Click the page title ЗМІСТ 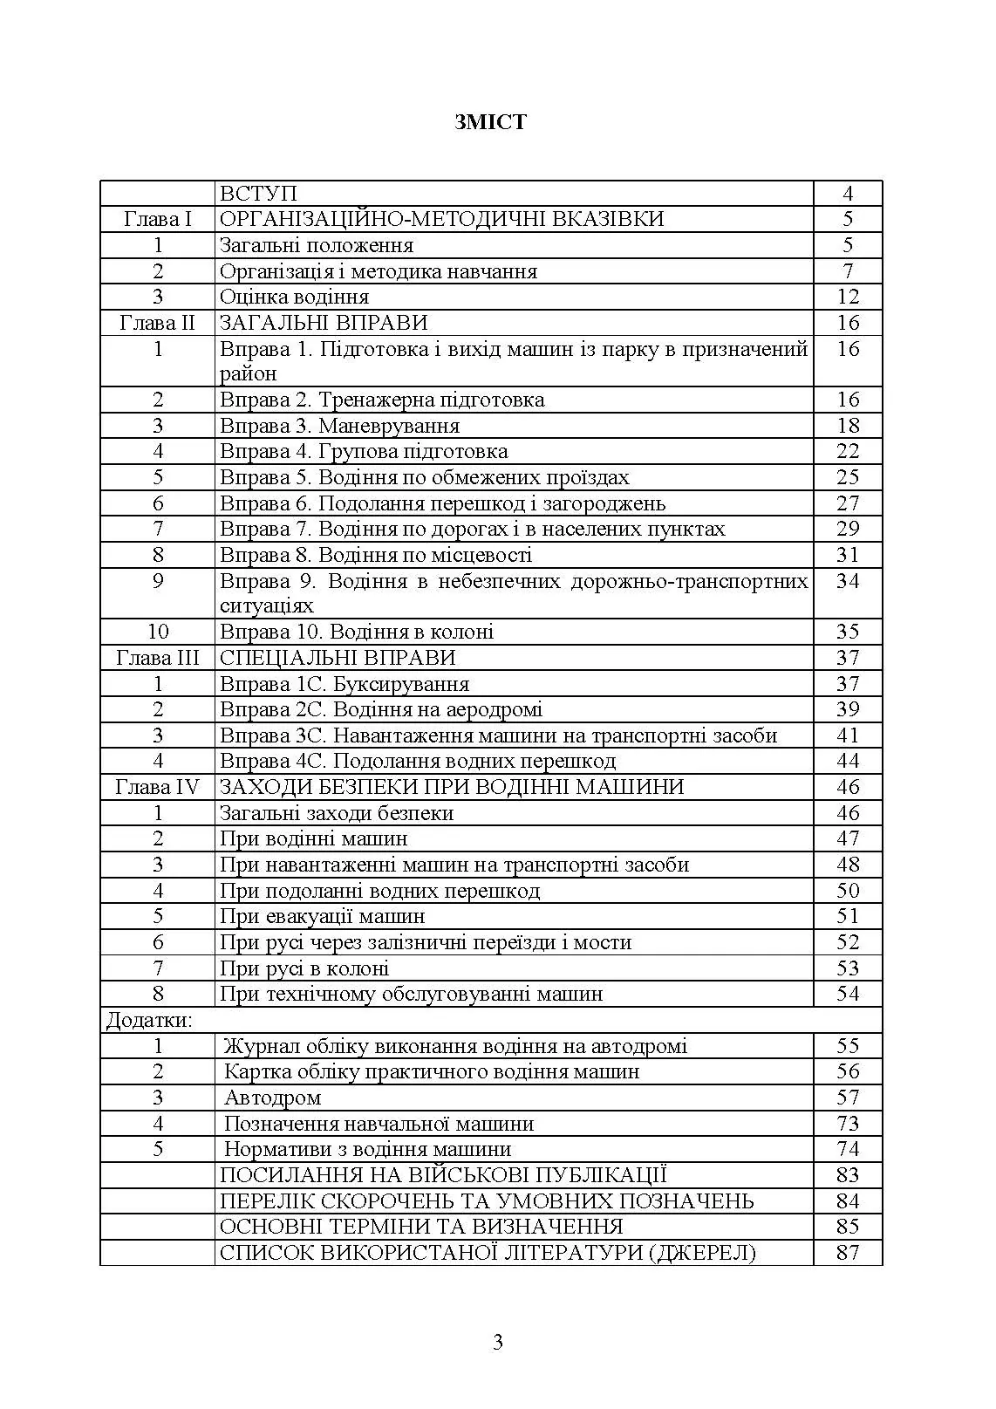(490, 121)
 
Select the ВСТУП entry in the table (258, 194)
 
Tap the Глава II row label (158, 323)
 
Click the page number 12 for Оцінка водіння (847, 297)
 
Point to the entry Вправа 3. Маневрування (339, 426)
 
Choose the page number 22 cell (847, 451)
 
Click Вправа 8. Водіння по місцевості (375, 555)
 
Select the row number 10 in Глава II (158, 632)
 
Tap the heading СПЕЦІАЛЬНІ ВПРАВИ (338, 658)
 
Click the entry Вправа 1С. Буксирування (345, 684)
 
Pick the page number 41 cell (847, 735)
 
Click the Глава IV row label (158, 787)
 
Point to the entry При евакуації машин (322, 916)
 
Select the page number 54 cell (847, 994)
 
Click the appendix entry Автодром (272, 1098)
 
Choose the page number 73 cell (847, 1123)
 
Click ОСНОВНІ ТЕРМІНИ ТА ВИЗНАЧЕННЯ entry (421, 1227)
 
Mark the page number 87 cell (847, 1253)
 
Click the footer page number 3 (498, 1342)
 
